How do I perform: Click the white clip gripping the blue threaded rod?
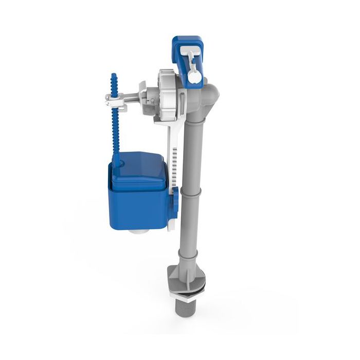tap(116, 100)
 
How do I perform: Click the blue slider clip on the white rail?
tap(175, 198)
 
